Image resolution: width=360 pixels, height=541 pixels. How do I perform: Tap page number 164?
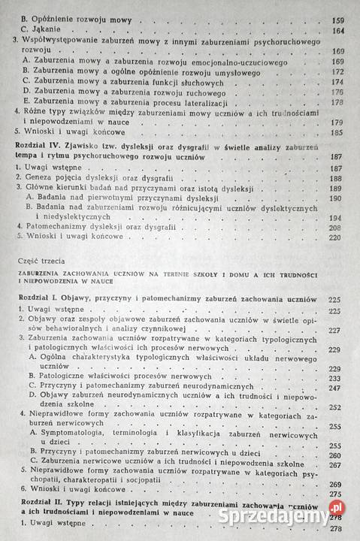[337, 32]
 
